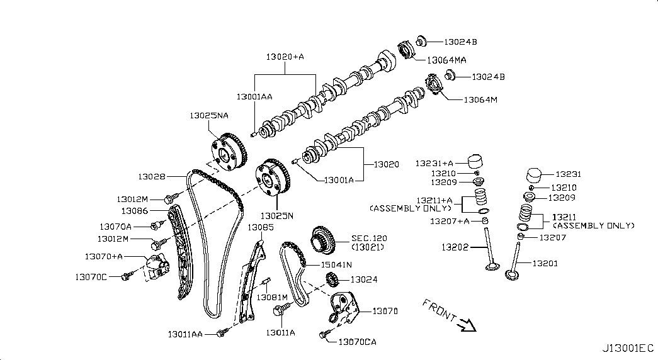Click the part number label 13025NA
tap(208, 116)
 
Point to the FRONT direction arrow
tap(467, 324)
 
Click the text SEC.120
tap(369, 239)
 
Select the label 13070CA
tap(357, 342)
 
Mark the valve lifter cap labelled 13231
tap(535, 174)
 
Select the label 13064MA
tap(446, 60)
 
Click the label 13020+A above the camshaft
tap(285, 57)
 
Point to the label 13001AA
tap(254, 97)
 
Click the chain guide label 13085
tap(260, 227)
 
